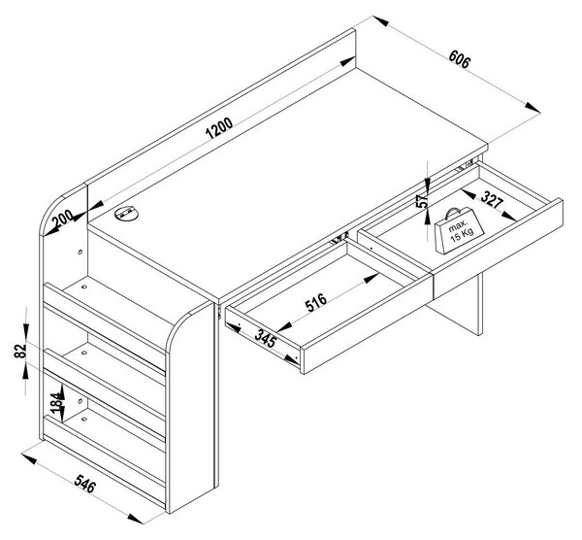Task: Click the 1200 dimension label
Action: pos(219,128)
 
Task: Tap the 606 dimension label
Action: pos(459,59)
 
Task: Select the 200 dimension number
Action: pos(62,219)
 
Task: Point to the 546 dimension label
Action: pos(85,484)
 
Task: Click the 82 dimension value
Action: pos(20,352)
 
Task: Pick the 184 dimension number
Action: pos(56,403)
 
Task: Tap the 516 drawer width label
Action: pos(316,302)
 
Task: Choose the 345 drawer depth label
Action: pos(266,338)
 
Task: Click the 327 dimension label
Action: pos(492,199)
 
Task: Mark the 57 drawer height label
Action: pos(422,201)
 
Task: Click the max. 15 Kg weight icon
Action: pos(459,230)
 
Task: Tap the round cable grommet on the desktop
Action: pos(126,214)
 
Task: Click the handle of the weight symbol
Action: pos(453,213)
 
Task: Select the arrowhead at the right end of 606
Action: pos(533,108)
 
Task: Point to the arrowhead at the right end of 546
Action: pos(135,518)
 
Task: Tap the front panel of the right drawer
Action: pos(498,247)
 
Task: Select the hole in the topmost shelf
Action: pos(84,287)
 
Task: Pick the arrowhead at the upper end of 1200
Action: pos(348,62)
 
